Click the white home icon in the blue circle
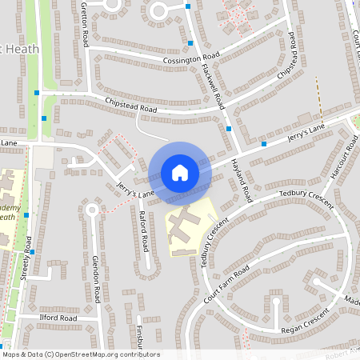click(x=180, y=173)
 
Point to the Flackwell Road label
click(x=211, y=87)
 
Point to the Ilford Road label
click(x=58, y=318)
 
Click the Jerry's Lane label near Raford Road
click(x=134, y=190)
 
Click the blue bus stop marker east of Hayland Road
click(x=263, y=144)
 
